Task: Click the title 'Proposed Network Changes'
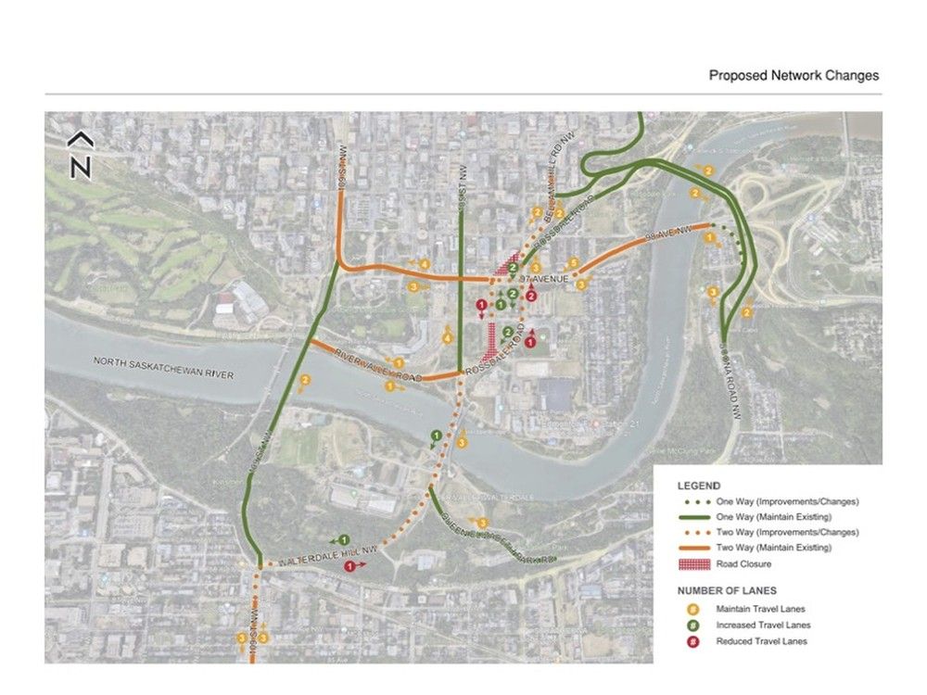pos(794,76)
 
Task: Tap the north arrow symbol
pos(81,156)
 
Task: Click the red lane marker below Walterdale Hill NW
pos(349,565)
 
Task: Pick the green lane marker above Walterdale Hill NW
pos(344,539)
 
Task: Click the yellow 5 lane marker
pos(574,263)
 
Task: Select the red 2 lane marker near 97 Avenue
pos(531,296)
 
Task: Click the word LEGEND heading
pos(698,486)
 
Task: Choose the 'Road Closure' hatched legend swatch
pos(692,563)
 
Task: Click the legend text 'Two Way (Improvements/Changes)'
pos(787,532)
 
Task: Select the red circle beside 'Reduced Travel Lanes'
pos(692,640)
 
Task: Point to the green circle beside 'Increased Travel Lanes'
pos(692,625)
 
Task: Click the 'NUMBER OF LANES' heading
pos(727,590)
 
